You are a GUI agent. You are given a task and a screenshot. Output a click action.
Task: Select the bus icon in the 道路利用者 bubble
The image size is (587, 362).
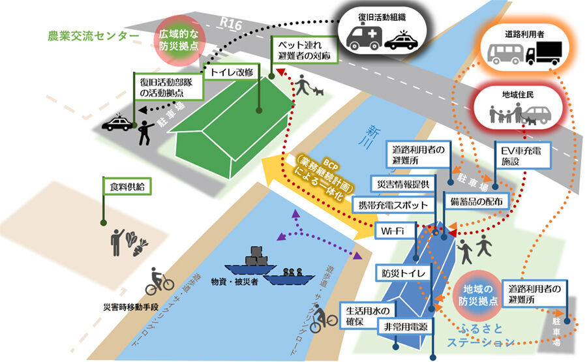pos(504,54)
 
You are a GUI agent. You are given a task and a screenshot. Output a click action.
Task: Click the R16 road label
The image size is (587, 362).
pos(231,24)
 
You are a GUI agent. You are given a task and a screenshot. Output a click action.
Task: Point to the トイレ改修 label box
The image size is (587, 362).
pos(232,72)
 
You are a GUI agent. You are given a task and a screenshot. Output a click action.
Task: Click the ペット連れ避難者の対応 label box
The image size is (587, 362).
pos(306,50)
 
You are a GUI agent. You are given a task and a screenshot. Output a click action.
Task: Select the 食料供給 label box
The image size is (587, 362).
pos(128,186)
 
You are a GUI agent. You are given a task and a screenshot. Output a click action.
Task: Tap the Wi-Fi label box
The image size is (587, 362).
pos(395,229)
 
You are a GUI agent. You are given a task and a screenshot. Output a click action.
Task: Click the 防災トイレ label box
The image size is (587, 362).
pos(404,274)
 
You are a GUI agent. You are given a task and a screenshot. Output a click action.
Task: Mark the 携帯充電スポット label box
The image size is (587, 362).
pos(393,205)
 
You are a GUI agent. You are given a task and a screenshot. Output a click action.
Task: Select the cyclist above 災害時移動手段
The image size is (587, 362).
pos(159,280)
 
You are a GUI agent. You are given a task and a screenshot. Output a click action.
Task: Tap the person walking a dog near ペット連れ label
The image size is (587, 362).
pos(307,85)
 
